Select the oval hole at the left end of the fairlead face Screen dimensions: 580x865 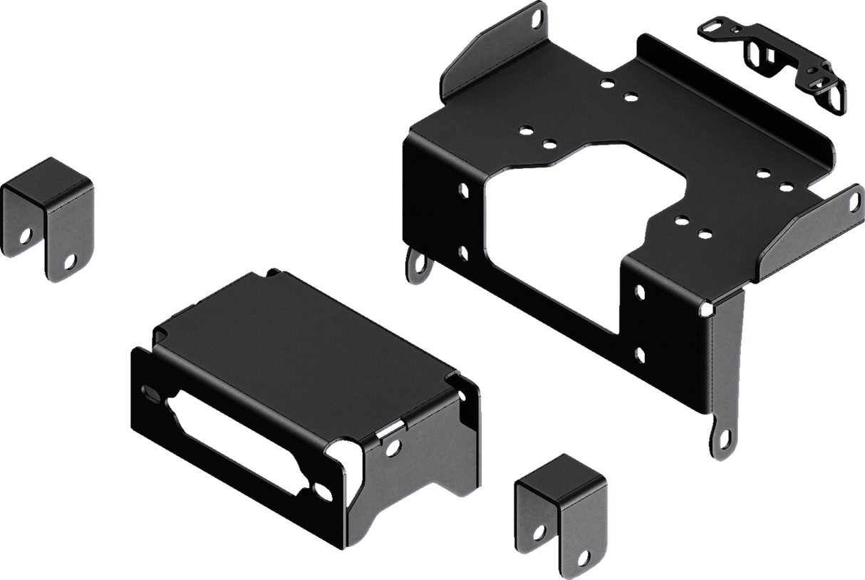(151, 392)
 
